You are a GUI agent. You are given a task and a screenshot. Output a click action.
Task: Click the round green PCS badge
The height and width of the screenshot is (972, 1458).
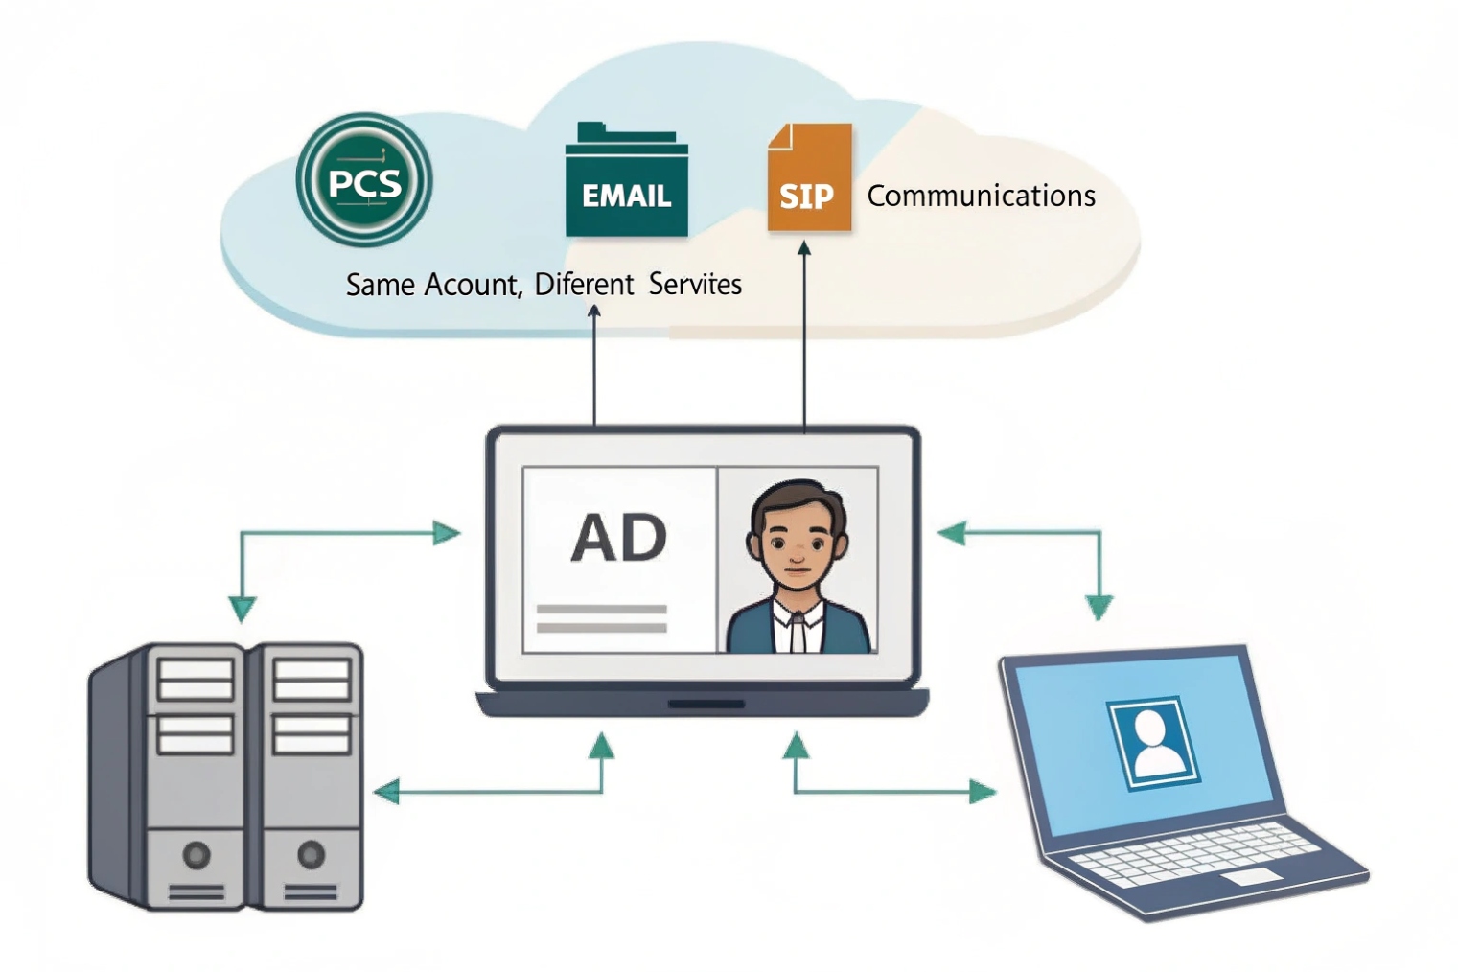pos(364,180)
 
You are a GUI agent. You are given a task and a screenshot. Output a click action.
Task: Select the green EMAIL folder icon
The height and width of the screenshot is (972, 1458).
pos(626,182)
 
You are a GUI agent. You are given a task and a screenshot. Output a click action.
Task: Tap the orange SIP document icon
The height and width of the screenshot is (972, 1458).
pos(808,179)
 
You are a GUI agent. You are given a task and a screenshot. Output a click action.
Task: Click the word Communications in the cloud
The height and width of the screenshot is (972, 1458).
pos(981,196)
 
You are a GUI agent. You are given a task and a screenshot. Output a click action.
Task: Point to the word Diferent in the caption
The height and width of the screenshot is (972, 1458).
pos(584,285)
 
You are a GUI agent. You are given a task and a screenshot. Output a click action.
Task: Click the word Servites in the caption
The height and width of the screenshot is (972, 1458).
pos(695,285)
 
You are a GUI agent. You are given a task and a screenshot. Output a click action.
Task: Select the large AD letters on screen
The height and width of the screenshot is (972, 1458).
pos(619,538)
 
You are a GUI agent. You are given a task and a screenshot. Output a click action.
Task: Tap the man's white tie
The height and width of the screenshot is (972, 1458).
pos(797,634)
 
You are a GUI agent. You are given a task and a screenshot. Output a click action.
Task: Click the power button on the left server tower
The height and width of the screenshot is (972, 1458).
pos(197,854)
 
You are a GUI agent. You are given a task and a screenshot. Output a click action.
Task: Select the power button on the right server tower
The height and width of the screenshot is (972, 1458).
pos(311,854)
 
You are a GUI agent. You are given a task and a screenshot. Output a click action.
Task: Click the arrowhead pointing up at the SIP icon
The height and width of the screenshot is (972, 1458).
pos(804,249)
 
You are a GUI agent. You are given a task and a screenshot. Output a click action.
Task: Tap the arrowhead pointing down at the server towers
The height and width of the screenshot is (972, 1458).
pos(243,609)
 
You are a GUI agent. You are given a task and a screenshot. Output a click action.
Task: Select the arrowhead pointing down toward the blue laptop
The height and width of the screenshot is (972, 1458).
pos(1099,607)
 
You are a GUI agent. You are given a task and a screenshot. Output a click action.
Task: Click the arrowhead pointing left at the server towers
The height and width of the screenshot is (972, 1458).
pos(385,792)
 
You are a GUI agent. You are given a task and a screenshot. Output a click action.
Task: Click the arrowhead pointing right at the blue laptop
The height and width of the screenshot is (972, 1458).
pos(984,792)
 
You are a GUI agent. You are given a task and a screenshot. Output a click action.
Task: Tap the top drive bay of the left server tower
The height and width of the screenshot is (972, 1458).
pos(196,679)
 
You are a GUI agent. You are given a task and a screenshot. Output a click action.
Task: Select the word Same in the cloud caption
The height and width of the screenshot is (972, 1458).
pos(381,285)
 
